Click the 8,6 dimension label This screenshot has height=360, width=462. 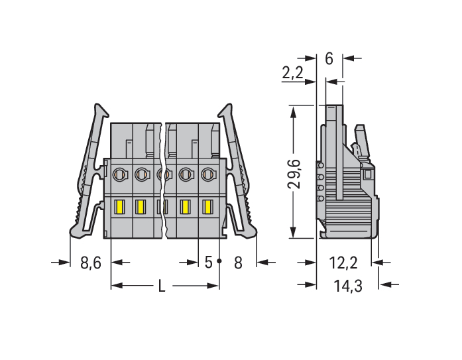coord(91,263)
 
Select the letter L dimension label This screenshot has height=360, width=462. coord(162,286)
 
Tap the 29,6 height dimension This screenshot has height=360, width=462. coord(294,174)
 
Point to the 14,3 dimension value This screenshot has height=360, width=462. coord(348,286)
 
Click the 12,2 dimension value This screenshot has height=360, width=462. coord(343,263)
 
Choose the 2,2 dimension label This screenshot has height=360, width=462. coord(292,72)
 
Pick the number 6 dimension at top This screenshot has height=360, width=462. coord(329,58)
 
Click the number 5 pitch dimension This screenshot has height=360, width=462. coord(208,262)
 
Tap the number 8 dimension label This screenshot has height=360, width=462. coord(238,263)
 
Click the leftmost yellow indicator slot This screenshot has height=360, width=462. coord(119,207)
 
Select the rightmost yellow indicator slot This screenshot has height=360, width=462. coord(207,207)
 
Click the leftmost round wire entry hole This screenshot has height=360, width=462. coord(120,174)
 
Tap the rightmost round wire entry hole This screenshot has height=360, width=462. coord(208,174)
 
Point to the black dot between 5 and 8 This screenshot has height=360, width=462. coord(219,261)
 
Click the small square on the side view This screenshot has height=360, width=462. coord(367,174)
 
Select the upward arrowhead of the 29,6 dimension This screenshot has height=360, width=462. coord(293,113)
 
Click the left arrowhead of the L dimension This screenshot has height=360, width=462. coord(117,286)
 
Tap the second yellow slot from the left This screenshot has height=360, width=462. coord(141,207)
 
